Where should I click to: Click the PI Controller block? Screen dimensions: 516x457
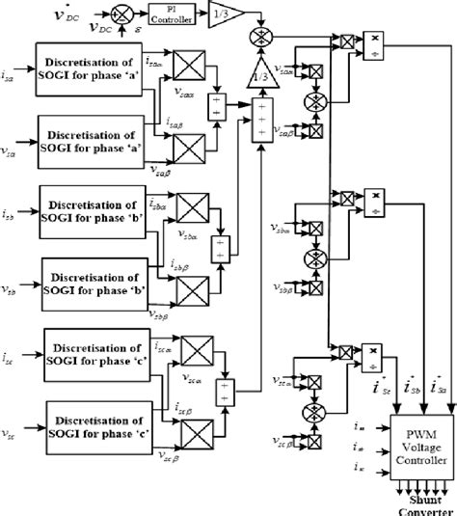click(x=173, y=16)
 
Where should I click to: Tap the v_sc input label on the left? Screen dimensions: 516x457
click(x=11, y=421)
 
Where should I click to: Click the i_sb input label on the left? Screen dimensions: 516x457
click(x=11, y=206)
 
